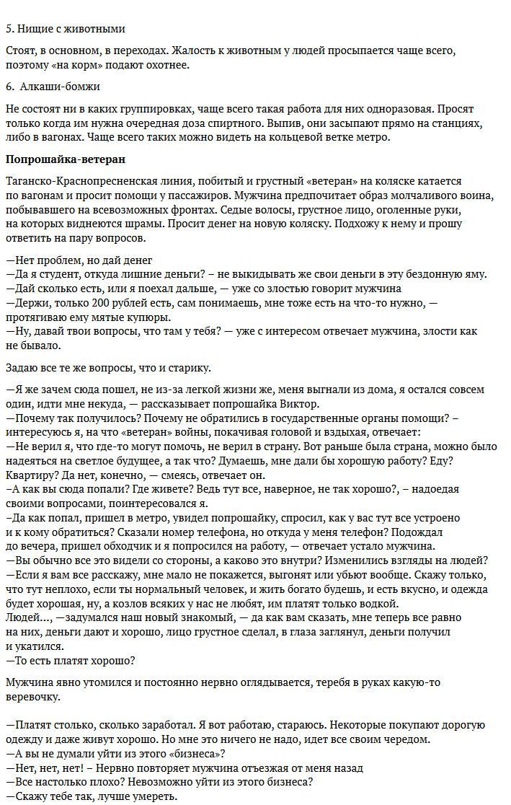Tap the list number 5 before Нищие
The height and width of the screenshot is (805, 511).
pyautogui.click(x=8, y=29)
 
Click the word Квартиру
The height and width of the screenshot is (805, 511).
pyautogui.click(x=29, y=475)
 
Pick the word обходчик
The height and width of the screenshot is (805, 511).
pyautogui.click(x=131, y=546)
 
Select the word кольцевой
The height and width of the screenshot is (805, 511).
pyautogui.click(x=308, y=137)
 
